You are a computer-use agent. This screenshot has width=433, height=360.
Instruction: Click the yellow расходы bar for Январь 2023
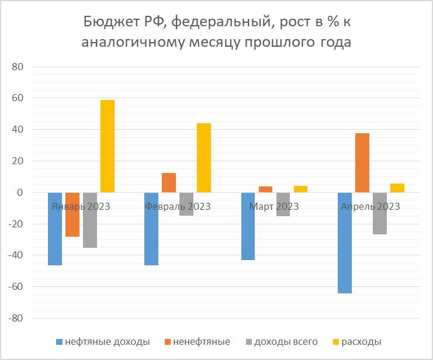(x=108, y=146)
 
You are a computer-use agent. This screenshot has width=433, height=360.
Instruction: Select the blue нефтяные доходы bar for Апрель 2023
(x=344, y=243)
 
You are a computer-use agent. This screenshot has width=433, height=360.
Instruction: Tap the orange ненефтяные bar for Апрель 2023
(x=362, y=163)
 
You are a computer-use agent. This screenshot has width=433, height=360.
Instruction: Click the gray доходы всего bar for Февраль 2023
(x=186, y=204)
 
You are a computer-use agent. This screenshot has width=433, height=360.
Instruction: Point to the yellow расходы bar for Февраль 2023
(x=204, y=158)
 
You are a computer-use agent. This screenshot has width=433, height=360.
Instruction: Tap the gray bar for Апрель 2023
(x=379, y=213)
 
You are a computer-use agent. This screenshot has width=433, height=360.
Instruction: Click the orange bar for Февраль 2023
(x=169, y=183)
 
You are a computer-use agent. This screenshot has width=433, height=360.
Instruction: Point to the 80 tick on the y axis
(x=18, y=67)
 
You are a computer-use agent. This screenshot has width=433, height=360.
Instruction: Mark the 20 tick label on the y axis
(x=18, y=161)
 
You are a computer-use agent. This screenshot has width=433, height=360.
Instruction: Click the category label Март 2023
(x=273, y=206)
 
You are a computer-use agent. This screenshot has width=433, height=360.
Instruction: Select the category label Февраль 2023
(x=177, y=206)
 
